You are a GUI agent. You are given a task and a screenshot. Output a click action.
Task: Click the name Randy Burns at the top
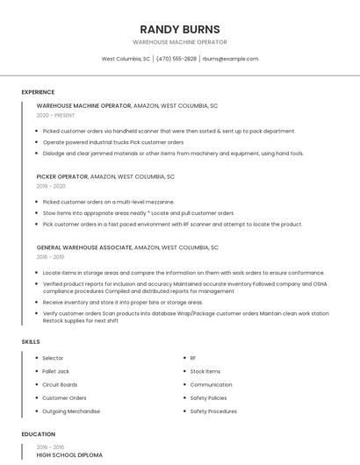pos(180,29)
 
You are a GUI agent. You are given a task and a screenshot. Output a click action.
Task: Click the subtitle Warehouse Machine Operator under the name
pos(180,42)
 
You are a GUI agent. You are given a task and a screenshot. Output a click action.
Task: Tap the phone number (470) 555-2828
pos(176,59)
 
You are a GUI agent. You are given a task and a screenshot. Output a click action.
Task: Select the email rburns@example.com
pos(230,59)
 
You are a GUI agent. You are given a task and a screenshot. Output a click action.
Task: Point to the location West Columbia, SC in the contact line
pos(126,59)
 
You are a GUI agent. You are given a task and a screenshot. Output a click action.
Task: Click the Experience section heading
pos(38,92)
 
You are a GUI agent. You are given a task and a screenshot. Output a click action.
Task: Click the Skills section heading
pos(31,341)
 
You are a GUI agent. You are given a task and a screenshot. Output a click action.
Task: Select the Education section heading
pos(38,434)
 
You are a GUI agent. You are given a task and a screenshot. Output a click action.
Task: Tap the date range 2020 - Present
pos(55,115)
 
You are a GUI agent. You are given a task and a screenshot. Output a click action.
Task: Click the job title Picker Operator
pos(62,176)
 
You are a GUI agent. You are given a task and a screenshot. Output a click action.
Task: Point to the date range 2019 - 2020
pos(51,186)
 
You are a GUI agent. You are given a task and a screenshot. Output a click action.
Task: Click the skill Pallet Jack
pos(55,371)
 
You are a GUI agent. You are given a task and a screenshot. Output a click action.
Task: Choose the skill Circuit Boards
pos(60,384)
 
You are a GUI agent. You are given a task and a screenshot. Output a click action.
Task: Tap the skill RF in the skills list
pos(193,358)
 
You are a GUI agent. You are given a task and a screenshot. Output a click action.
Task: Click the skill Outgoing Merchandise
pos(71,411)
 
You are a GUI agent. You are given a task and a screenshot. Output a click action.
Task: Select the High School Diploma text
pos(69,455)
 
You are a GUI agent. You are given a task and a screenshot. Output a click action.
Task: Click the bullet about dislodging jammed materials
pos(173,154)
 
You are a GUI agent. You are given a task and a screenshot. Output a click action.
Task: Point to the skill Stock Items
pos(205,371)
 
